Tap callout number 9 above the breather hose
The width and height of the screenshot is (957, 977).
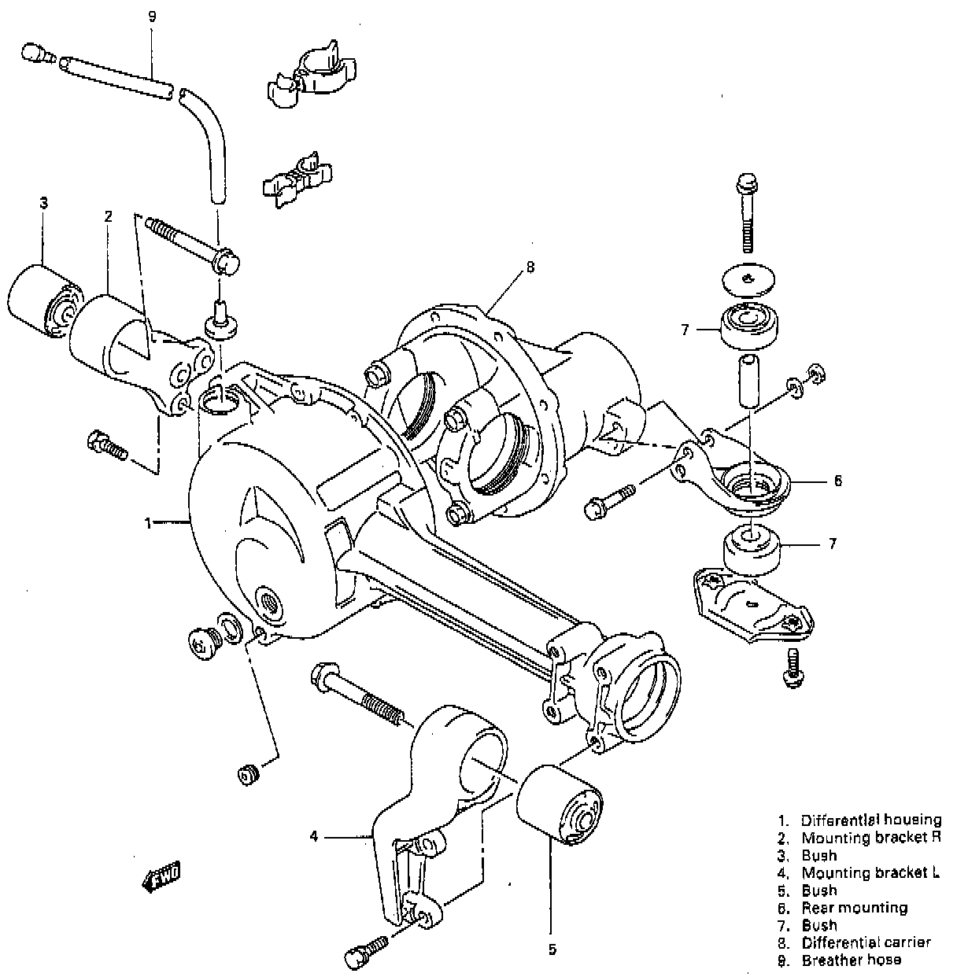(153, 15)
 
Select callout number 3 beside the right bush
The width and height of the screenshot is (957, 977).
(44, 203)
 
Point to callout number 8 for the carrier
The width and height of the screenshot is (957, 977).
(530, 267)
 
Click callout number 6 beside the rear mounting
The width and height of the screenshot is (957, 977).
(838, 480)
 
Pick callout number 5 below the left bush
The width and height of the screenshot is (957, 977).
(552, 949)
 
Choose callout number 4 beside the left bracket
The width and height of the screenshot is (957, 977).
(313, 837)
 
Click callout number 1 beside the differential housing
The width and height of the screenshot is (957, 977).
(148, 521)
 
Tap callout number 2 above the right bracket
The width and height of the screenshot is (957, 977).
(109, 216)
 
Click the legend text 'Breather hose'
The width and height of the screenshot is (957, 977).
(852, 960)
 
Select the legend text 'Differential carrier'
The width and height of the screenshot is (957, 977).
(866, 942)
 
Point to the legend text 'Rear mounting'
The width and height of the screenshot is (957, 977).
(854, 908)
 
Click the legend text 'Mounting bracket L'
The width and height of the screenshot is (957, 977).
(870, 872)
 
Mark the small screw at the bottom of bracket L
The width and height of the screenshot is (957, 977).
(365, 949)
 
